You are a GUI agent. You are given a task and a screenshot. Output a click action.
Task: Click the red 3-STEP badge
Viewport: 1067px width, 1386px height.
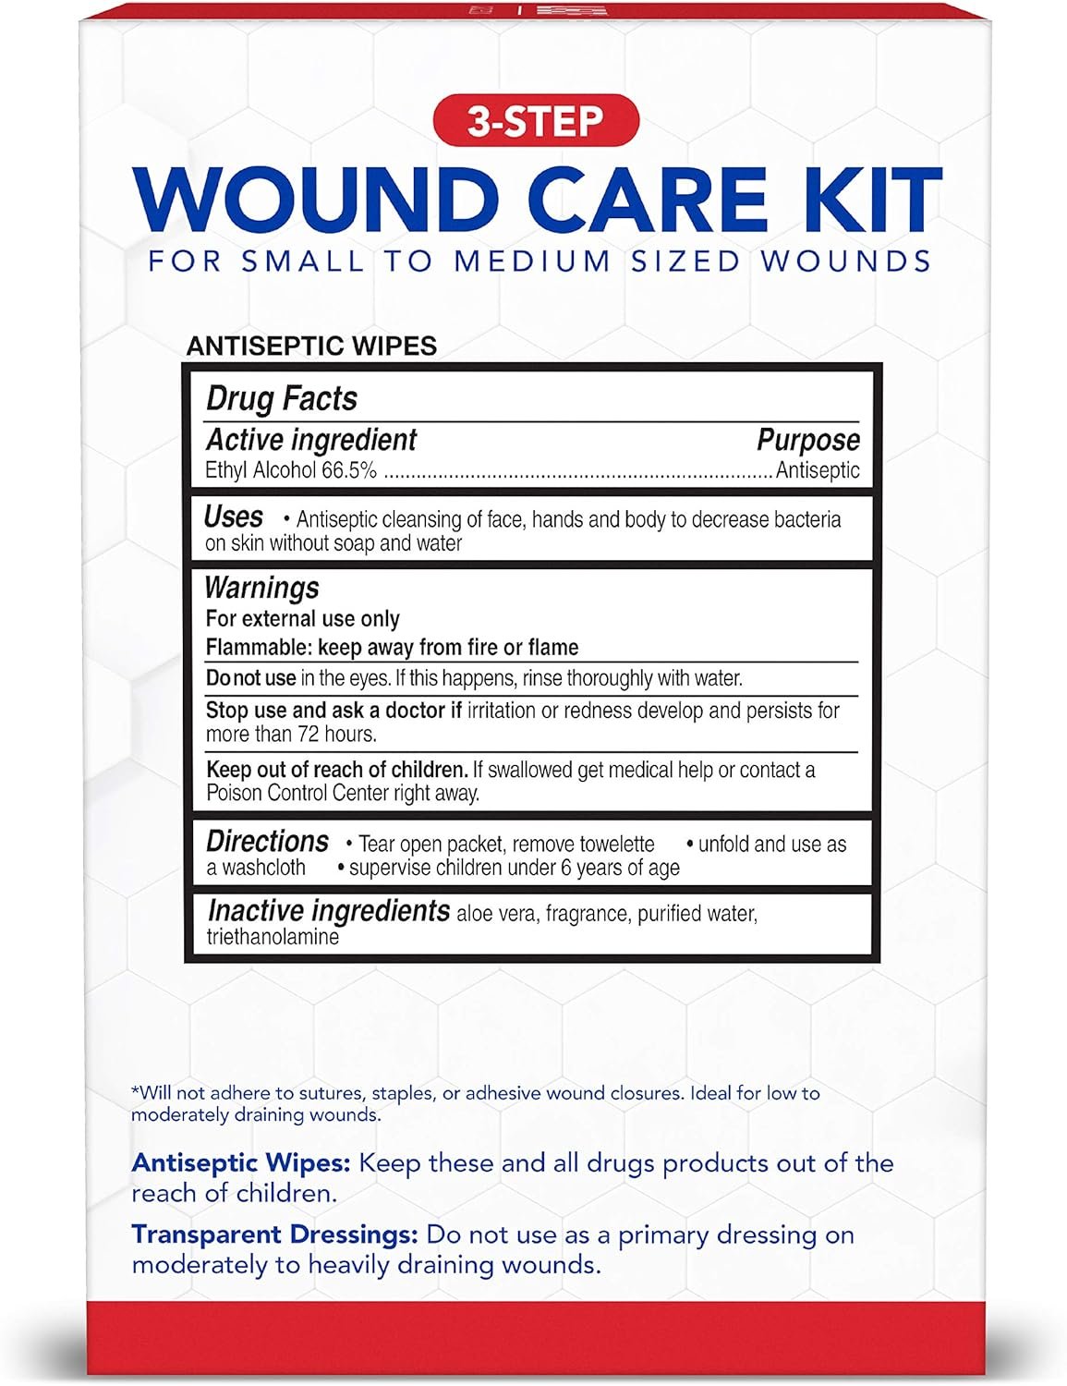pos(535,121)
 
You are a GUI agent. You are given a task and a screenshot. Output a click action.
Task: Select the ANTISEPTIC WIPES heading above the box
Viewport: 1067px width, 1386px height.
pos(311,346)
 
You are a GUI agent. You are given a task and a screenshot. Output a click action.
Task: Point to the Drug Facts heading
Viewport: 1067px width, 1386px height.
pos(282,398)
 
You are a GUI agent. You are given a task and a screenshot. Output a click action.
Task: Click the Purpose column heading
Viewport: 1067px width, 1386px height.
pos(807,440)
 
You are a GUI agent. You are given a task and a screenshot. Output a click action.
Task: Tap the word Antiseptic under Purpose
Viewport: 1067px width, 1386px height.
pos(818,470)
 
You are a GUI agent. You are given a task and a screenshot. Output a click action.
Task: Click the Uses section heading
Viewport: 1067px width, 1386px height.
pos(234,517)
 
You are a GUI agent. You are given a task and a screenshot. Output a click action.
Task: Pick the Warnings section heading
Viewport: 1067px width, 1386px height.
pos(261,588)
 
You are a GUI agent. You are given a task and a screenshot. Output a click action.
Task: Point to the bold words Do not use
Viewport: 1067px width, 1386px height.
pos(250,678)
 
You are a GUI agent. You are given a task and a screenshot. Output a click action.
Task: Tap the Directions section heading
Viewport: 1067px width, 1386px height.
pos(267,842)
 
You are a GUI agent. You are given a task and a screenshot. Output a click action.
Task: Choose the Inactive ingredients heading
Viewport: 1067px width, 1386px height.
pos(329,911)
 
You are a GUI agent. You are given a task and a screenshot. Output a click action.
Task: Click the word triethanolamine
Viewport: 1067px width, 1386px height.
pos(273,937)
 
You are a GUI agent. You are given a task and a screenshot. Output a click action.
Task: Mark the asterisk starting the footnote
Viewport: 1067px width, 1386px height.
pos(135,1091)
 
